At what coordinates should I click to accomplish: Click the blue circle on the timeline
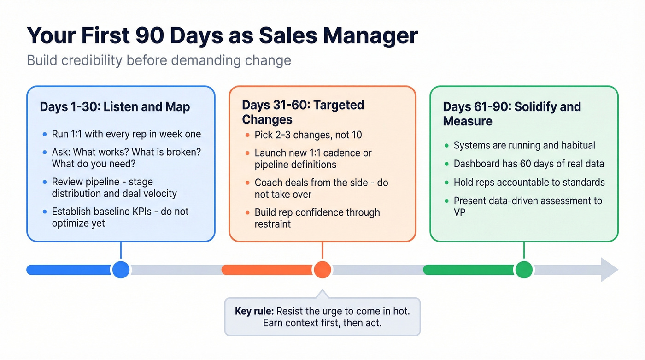coord(121,270)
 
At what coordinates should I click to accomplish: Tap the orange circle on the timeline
coord(322,270)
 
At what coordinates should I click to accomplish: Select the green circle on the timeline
coord(523,270)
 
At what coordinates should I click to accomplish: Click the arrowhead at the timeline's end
coord(610,270)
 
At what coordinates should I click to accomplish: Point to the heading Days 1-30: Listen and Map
coord(115,107)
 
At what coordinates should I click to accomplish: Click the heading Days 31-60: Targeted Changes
coord(303,112)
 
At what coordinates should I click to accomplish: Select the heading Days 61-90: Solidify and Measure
coord(512,114)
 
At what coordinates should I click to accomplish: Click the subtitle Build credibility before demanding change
coord(159,60)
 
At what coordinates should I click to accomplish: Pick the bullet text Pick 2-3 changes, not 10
coord(308,135)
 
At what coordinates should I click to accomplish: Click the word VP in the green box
coord(460,213)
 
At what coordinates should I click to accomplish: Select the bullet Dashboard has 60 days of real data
coord(528,164)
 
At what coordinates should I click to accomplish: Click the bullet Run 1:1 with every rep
coord(126,135)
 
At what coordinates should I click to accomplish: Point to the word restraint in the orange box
coord(273,224)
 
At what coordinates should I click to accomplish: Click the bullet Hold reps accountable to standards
coord(529,182)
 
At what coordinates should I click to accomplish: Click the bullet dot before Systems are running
coord(446,146)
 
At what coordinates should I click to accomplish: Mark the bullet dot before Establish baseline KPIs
coord(45,212)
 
